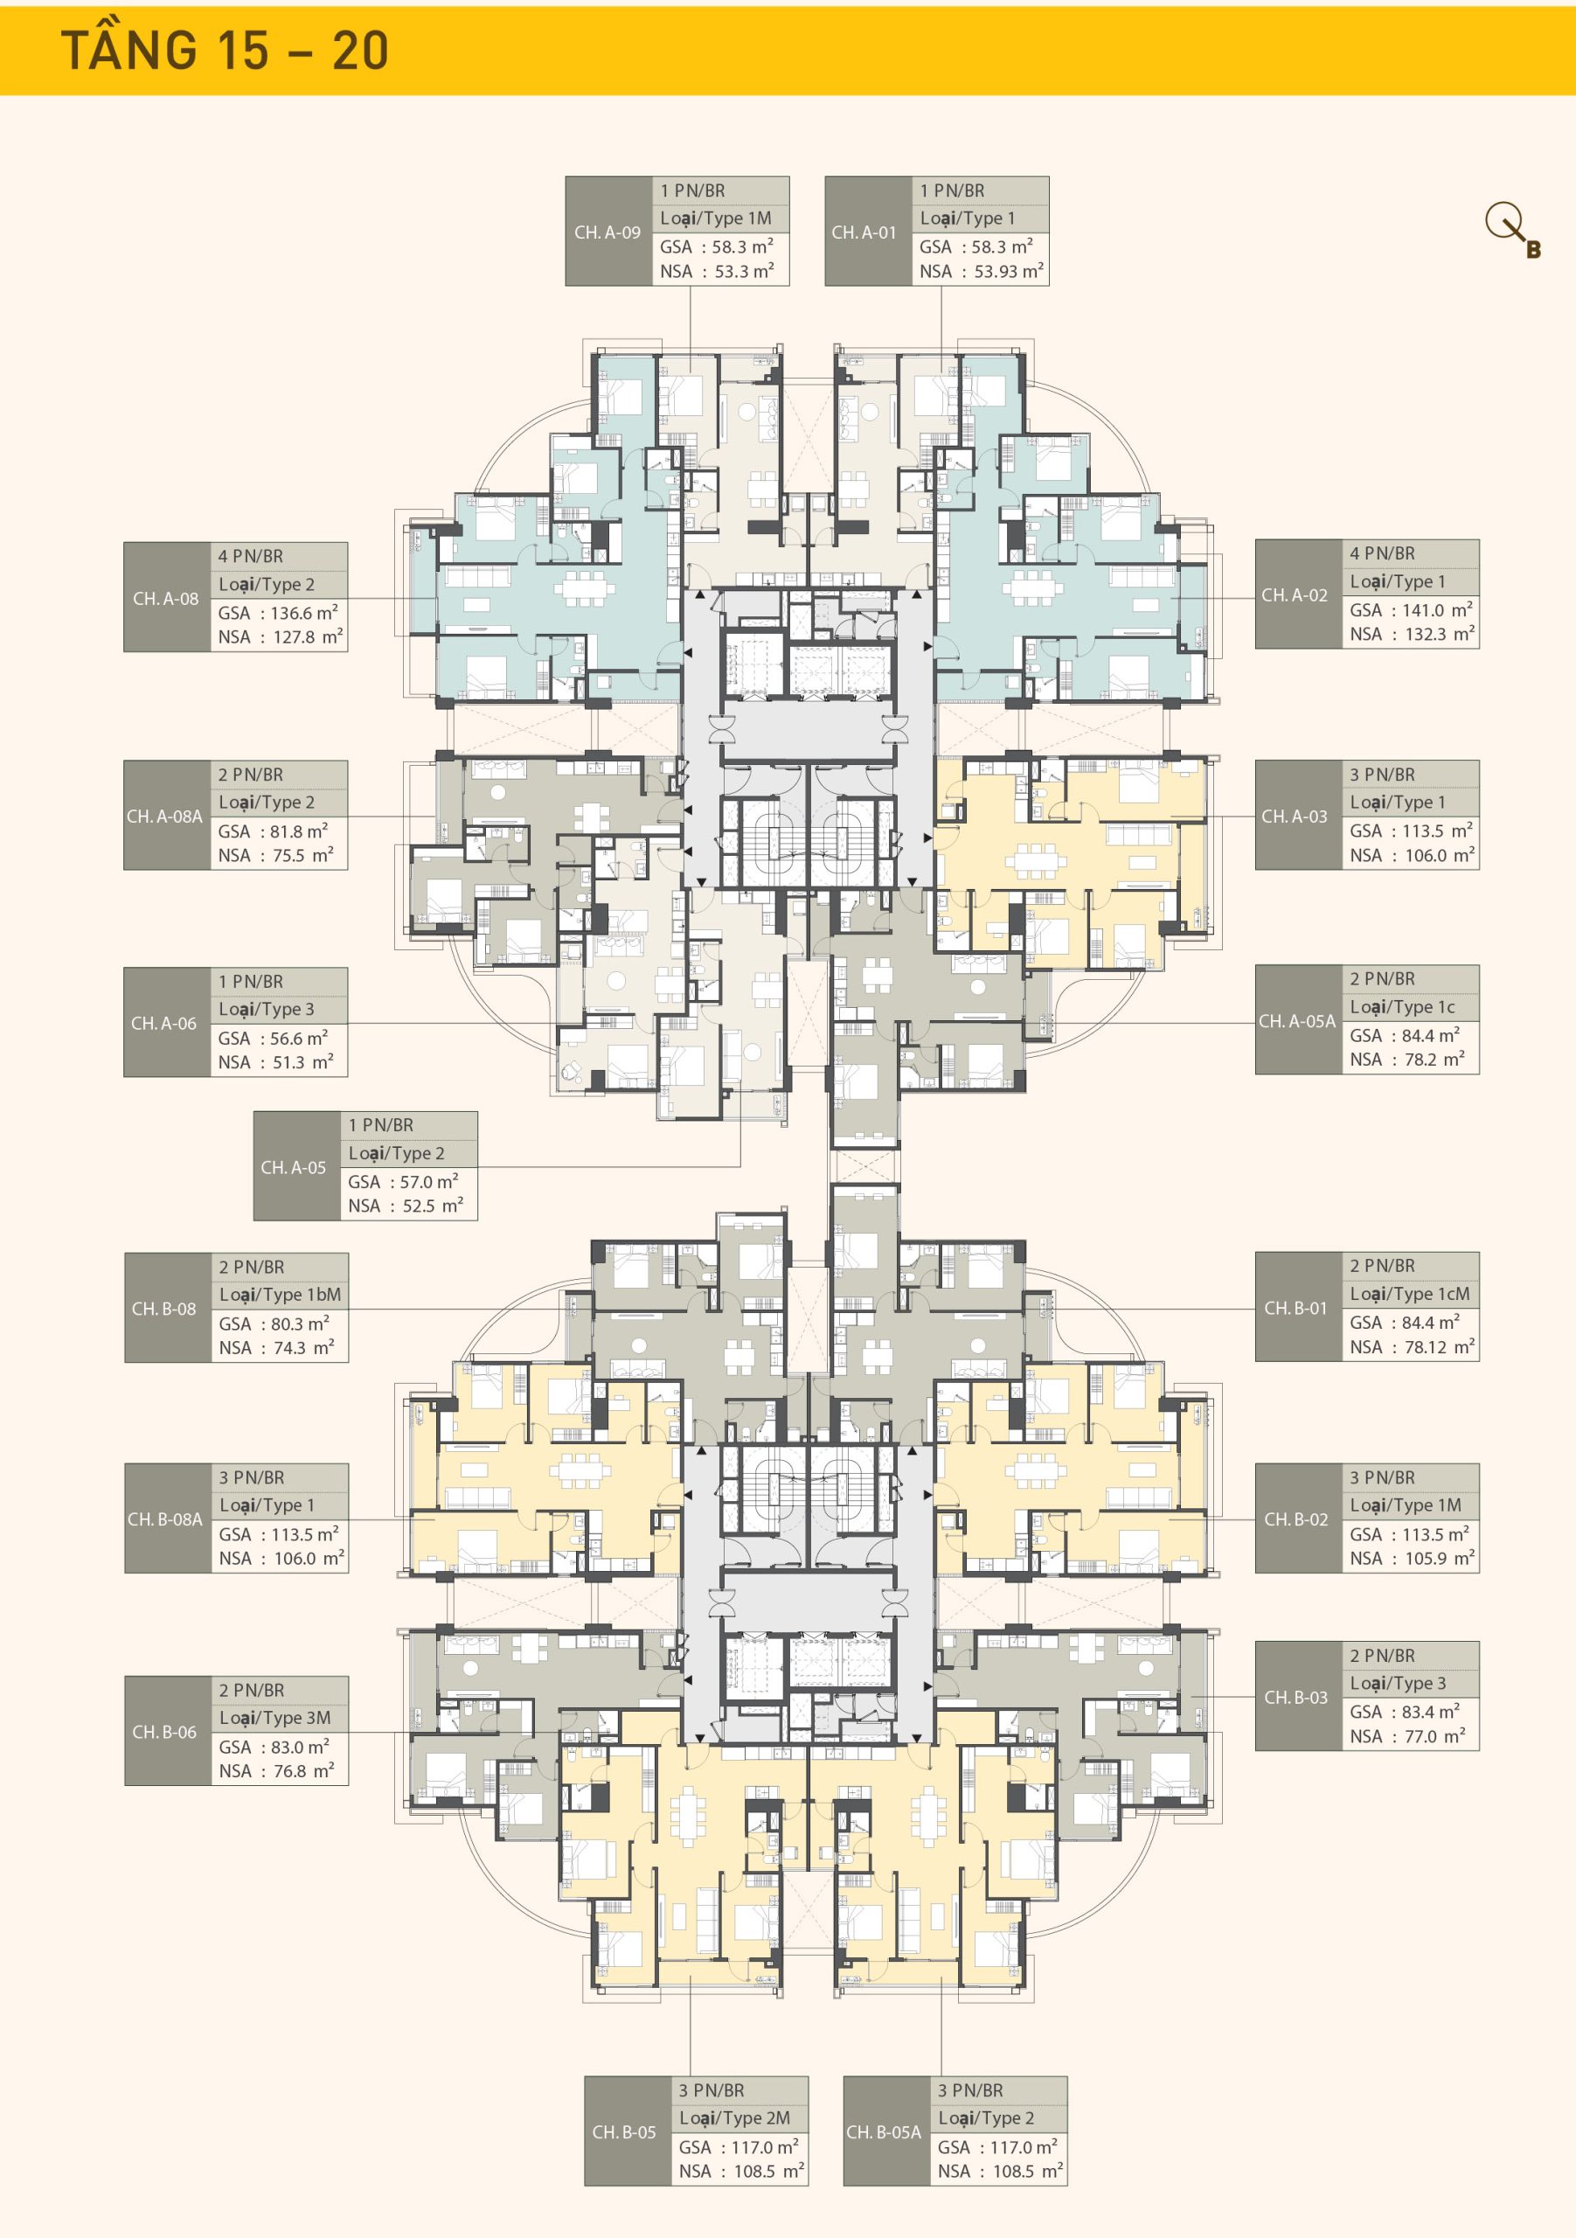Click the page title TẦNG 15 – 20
226,50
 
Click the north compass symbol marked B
1511,230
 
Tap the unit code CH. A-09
607,232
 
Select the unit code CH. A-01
864,232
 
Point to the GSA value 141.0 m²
1438,609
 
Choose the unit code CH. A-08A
164,816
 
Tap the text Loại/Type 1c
1401,1007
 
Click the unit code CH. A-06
163,1023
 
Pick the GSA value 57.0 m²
429,1181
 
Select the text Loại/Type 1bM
280,1295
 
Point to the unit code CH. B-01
1295,1308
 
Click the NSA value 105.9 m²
1440,1558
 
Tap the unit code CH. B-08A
164,1519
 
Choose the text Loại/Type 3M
274,1718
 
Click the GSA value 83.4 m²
1431,1712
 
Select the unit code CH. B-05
624,2131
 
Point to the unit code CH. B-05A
883,2131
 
